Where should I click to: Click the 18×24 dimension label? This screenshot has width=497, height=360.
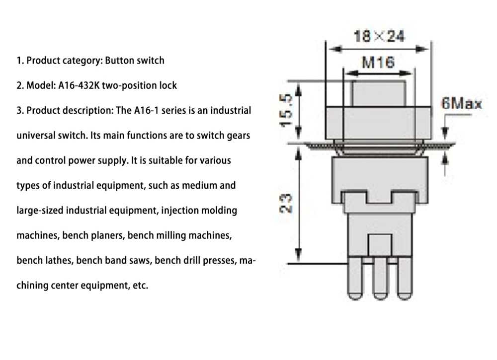tap(379, 36)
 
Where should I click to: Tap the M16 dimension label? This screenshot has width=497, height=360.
tap(378, 62)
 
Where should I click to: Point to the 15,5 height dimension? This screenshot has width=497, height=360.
tap(287, 111)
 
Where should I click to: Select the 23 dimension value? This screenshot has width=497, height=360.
tap(287, 204)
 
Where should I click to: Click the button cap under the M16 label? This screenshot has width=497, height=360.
tap(378, 93)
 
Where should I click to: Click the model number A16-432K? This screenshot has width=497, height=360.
tap(76, 85)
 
